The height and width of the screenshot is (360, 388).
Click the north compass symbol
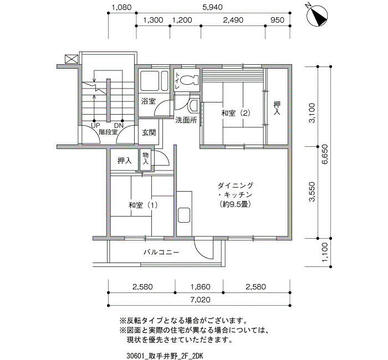[317, 16]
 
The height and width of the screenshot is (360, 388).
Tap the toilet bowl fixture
[189, 80]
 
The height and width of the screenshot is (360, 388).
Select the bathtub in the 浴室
[154, 81]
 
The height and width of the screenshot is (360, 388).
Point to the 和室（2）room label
[236, 114]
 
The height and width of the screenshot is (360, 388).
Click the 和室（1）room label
[143, 205]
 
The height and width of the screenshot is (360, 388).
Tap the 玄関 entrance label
[149, 133]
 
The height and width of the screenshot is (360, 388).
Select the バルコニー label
[161, 253]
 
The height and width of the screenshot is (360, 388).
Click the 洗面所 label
[186, 120]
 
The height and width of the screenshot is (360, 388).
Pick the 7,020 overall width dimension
[201, 300]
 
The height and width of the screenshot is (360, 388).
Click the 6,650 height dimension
[325, 154]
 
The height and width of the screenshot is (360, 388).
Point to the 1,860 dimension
[201, 287]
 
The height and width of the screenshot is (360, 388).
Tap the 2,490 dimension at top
[233, 20]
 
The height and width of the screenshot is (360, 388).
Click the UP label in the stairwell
[95, 126]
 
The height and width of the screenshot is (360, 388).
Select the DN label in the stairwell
[119, 126]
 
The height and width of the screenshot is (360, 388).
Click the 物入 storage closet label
[146, 158]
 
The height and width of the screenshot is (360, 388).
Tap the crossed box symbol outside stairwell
[72, 59]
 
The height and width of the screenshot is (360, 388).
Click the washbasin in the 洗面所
[193, 105]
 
